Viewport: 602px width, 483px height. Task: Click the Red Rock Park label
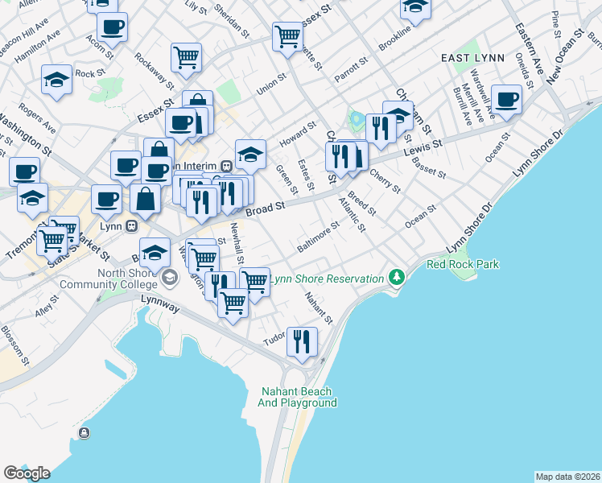pos(463,264)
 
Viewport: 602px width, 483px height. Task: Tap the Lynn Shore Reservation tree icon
pos(395,278)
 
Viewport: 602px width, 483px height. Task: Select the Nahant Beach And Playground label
pos(297,397)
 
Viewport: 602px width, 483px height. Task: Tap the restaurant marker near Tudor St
pos(302,341)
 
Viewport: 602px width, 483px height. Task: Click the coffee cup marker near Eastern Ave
pos(507,100)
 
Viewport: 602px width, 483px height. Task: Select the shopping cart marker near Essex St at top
pos(287,35)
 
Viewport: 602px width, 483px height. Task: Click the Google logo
pos(27,473)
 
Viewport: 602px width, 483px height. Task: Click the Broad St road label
pos(266,208)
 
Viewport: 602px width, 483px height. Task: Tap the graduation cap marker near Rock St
pos(56,80)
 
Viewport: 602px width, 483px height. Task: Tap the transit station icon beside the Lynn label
pos(127,225)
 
